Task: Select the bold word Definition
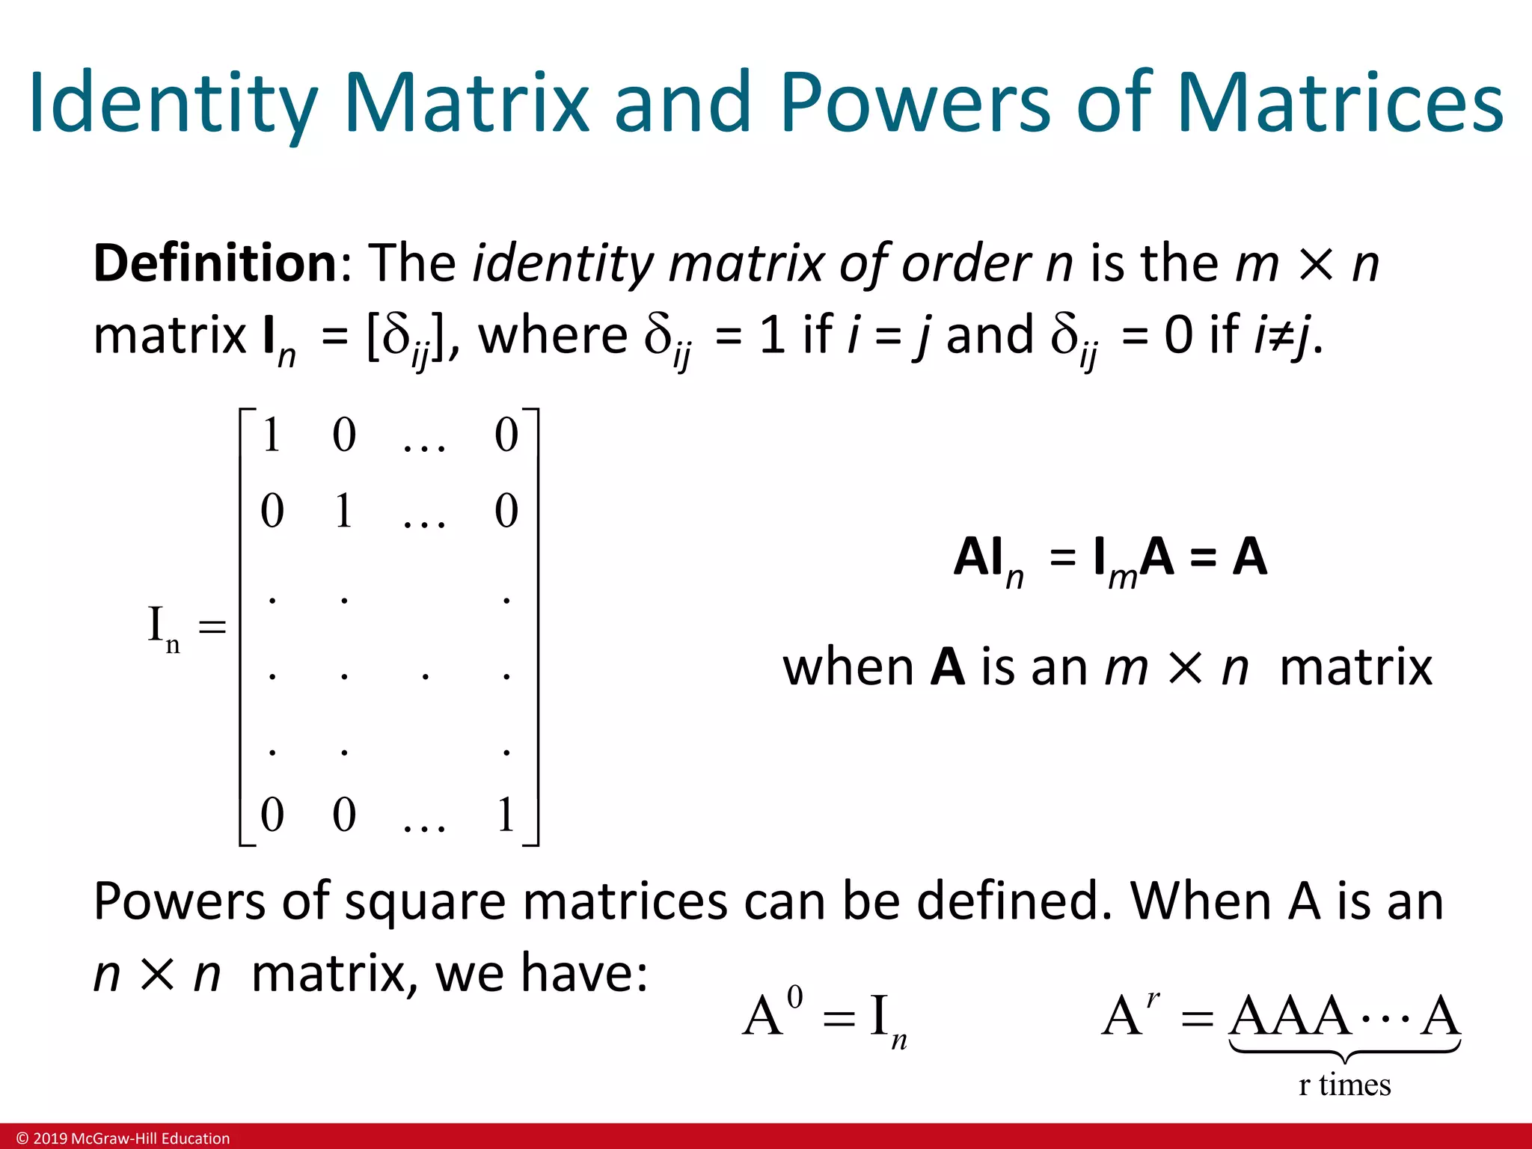pos(215,264)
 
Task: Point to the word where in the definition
pos(553,336)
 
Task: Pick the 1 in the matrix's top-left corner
pos(272,435)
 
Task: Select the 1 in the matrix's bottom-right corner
pos(506,815)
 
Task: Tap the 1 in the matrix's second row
pos(343,512)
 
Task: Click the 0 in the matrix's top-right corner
pos(506,435)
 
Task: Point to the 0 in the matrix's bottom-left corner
pos(272,815)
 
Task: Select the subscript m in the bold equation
pos(1122,577)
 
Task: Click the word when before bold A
pos(848,667)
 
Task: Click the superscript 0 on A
pos(795,997)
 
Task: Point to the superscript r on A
pos(1153,998)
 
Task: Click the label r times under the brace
pos(1344,1085)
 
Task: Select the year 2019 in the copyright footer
pos(50,1139)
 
